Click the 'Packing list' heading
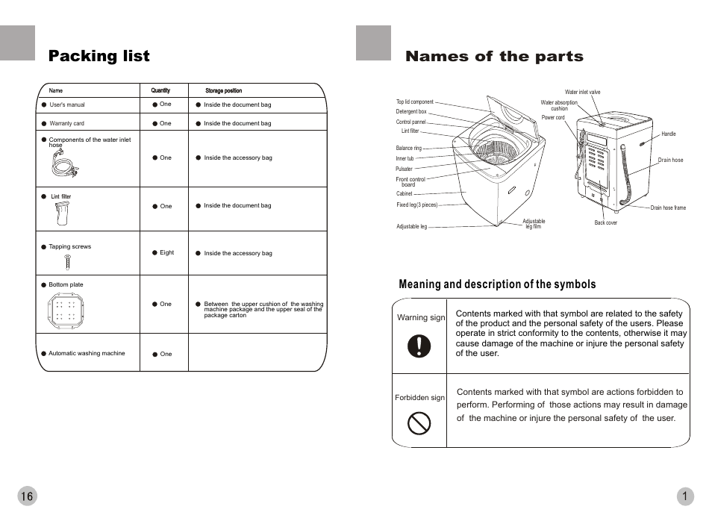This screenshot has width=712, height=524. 99,57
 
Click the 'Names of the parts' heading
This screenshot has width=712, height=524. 494,57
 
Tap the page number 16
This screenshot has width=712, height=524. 27,496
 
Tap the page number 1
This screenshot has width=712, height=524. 684,496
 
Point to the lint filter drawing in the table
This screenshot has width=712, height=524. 62,213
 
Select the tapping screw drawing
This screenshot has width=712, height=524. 68,261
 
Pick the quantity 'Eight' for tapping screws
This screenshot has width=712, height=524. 166,253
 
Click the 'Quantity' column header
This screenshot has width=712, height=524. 160,90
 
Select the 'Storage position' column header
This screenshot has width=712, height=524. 223,90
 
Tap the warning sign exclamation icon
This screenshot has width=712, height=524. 419,346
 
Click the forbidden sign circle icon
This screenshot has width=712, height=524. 419,424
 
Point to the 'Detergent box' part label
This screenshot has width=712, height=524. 411,112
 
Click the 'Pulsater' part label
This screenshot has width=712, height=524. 404,169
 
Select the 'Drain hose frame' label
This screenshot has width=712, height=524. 668,208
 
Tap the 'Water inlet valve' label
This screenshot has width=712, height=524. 582,92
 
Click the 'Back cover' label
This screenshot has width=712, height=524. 605,223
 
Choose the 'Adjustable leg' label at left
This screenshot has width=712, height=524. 411,227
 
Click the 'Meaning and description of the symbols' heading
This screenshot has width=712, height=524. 497,284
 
